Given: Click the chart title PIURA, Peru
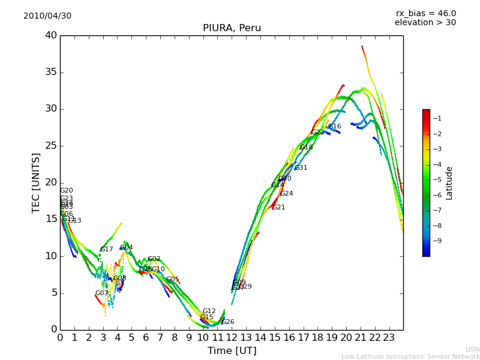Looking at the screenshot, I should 232,28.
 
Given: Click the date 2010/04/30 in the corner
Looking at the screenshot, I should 47,16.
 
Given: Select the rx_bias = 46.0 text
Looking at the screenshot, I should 426,14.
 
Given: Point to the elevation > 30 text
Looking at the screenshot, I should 425,23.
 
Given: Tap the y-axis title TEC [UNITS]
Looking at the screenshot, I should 37,182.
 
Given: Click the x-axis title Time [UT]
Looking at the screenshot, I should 232,350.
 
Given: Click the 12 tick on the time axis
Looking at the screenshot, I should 232,337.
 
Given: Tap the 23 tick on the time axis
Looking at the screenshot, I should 389,337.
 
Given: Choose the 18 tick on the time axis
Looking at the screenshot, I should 318,337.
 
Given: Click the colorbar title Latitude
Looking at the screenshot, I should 449,183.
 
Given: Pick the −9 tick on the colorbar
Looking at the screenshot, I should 437,241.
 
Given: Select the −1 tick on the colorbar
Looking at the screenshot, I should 437,119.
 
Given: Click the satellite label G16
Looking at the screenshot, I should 334,127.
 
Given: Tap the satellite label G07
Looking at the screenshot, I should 101,293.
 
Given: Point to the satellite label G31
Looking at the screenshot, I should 301,168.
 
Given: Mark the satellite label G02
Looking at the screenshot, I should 154,259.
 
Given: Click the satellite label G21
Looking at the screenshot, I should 278,208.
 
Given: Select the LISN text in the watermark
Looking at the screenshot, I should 472,349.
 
